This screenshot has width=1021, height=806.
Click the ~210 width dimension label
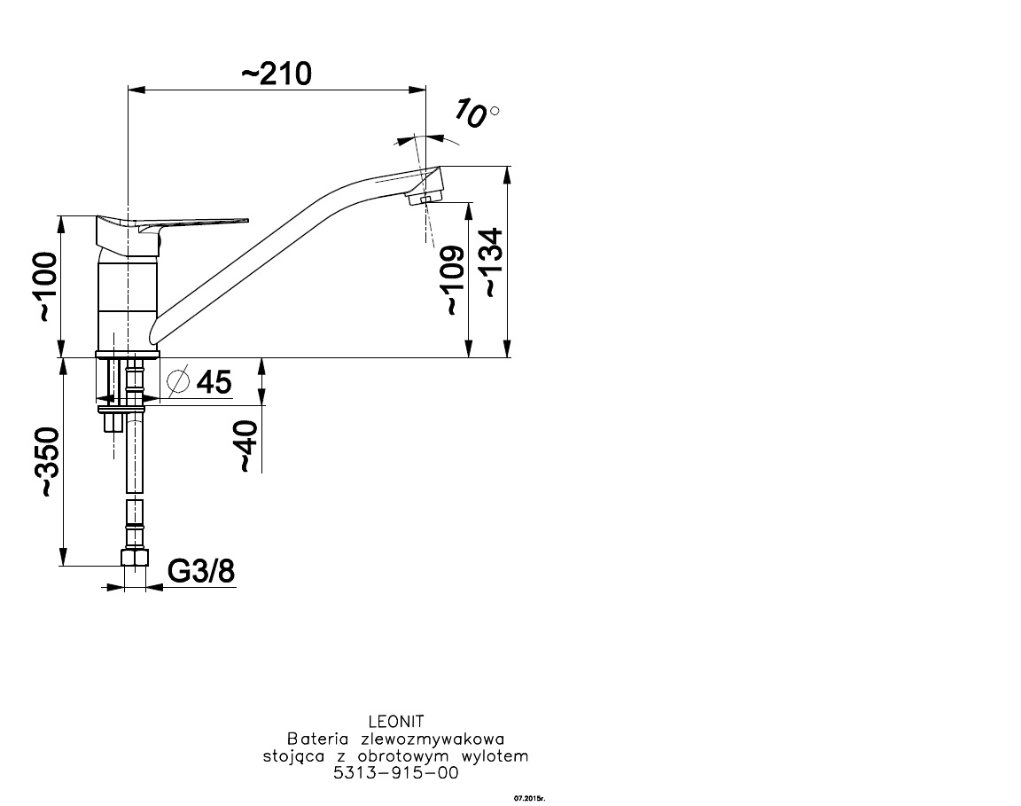click(x=277, y=74)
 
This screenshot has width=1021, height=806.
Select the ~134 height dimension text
click(x=493, y=262)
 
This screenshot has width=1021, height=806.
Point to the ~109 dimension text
click(x=455, y=280)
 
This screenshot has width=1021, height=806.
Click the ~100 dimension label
click(x=47, y=286)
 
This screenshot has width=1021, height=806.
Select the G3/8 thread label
click(x=201, y=571)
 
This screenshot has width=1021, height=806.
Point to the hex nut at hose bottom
click(x=135, y=558)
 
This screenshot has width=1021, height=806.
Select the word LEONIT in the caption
click(x=396, y=722)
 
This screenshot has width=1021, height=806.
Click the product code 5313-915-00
click(x=396, y=773)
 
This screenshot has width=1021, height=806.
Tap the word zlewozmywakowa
click(x=433, y=739)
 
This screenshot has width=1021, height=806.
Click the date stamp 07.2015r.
click(x=529, y=797)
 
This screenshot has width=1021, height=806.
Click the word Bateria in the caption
click(x=316, y=739)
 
